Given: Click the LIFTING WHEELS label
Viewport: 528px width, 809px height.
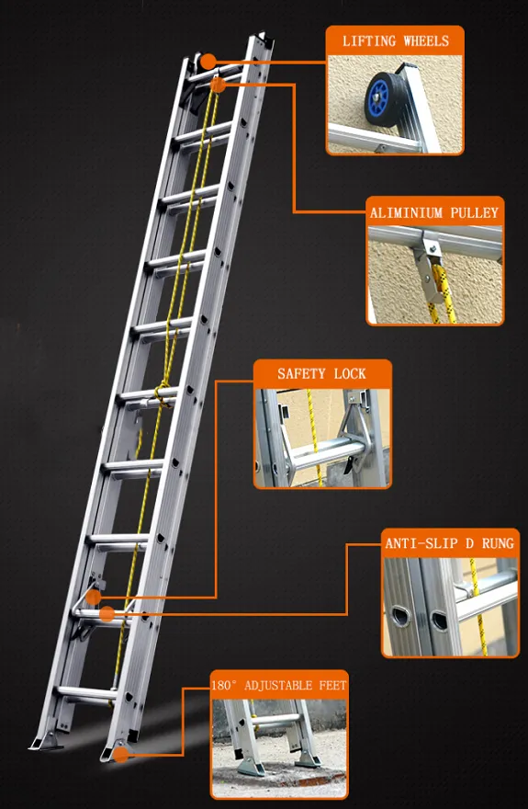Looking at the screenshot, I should (395, 41).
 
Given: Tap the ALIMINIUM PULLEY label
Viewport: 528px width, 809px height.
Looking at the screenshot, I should (434, 212).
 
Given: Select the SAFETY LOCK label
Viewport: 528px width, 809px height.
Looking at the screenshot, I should (321, 373).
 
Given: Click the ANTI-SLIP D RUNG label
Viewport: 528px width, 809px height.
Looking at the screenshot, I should (449, 544).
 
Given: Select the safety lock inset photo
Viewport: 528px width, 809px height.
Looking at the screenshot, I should (321, 437).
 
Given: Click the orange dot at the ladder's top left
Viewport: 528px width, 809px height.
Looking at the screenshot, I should (208, 63).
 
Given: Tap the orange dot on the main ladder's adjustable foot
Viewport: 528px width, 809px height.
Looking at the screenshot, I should (122, 755).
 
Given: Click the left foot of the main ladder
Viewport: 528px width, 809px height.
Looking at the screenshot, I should (47, 740).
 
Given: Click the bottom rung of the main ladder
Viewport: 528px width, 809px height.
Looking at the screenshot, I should (85, 692).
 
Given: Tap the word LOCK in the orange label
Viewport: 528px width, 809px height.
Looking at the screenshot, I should (349, 373).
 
